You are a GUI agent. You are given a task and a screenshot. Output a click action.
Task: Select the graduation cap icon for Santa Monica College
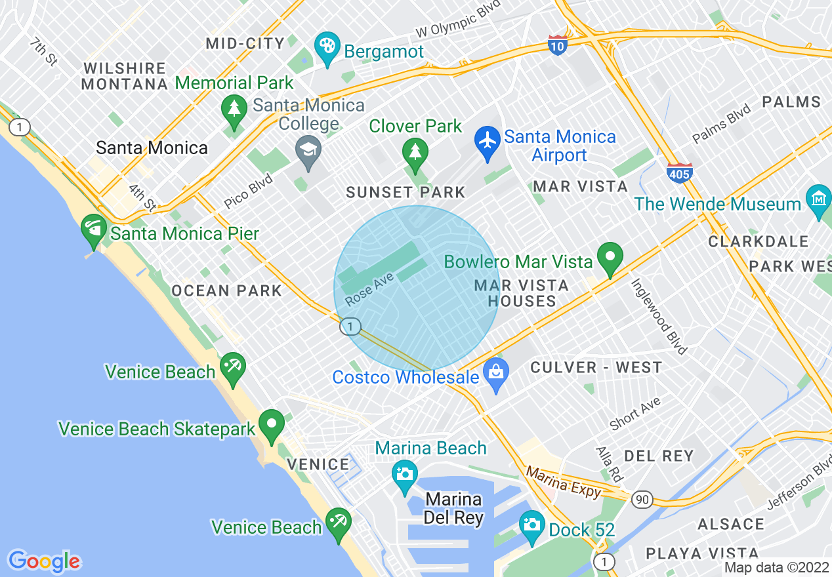[x=308, y=150]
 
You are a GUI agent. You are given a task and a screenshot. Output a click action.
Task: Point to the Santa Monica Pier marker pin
[x=93, y=228]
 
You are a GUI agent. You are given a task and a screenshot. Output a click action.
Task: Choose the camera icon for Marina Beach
[x=404, y=473]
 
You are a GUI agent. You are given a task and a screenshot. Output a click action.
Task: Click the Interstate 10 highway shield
[x=557, y=45]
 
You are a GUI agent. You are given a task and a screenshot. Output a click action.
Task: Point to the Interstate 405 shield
[x=678, y=172]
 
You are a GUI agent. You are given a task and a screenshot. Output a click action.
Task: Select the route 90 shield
[x=643, y=500]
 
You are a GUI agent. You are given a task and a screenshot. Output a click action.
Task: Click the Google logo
[x=44, y=561]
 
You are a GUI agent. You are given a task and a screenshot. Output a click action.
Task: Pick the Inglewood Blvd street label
[x=658, y=316]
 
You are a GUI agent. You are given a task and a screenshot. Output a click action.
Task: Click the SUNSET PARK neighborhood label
[x=406, y=192]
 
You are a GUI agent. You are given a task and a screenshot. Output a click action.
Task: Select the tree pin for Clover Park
[x=415, y=153]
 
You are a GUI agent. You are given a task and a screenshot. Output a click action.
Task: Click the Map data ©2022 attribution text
[x=776, y=568]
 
